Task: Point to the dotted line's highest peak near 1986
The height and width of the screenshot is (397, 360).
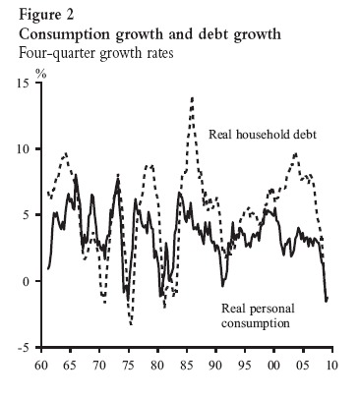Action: [x=192, y=96]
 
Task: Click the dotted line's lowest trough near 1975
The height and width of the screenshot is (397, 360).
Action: [x=131, y=323]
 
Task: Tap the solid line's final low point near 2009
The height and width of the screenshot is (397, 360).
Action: [x=326, y=300]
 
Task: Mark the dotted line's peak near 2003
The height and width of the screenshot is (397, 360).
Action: [x=294, y=154]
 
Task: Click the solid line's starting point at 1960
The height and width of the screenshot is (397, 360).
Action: [x=47, y=268]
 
